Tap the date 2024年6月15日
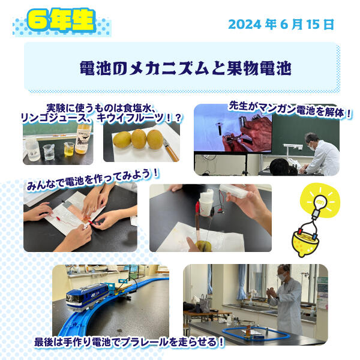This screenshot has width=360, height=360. click(x=281, y=25)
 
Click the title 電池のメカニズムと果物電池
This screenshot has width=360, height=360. click(x=185, y=68)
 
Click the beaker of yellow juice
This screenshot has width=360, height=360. click(x=68, y=149)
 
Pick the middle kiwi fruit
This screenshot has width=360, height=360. click(x=139, y=139)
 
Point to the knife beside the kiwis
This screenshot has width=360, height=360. click(x=171, y=149)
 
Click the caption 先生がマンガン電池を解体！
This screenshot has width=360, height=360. click(x=290, y=110)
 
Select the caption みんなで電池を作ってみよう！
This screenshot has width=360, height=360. click(x=93, y=180)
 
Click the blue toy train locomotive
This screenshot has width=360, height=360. click(x=88, y=296)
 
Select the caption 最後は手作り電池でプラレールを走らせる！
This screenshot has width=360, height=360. click(x=129, y=342)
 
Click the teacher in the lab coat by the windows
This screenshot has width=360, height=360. click(x=287, y=299)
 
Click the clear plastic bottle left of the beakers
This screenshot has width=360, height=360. click(x=32, y=149)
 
